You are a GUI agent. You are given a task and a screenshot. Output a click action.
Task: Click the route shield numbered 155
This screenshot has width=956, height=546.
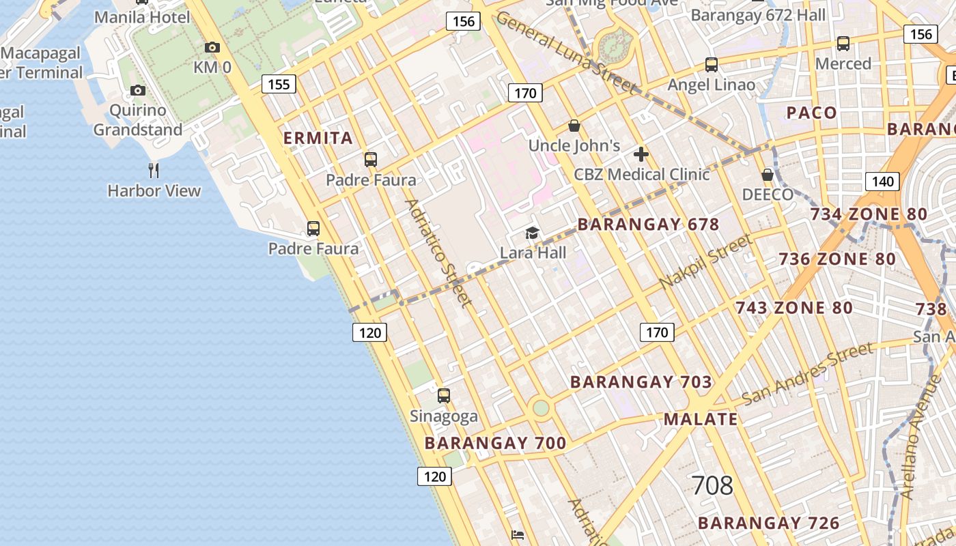click(279, 85)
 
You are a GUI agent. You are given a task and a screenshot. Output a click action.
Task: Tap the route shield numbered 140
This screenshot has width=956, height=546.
click(882, 182)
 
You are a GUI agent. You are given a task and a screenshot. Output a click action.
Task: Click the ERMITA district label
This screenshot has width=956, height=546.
click(318, 138)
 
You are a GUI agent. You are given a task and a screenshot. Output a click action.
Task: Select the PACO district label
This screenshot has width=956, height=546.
click(811, 113)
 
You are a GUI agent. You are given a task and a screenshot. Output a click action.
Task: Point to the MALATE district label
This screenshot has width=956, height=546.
click(701, 419)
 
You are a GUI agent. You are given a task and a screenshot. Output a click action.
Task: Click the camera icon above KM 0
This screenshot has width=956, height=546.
click(212, 48)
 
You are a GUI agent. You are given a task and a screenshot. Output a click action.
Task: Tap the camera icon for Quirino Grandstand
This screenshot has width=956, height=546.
click(138, 90)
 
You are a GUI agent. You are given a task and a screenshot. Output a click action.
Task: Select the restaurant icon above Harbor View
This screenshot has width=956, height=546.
click(154, 170)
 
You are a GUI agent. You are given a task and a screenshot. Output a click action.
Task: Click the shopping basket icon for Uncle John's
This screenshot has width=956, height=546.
click(574, 126)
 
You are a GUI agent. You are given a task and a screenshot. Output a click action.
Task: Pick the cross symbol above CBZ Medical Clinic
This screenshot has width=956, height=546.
click(641, 154)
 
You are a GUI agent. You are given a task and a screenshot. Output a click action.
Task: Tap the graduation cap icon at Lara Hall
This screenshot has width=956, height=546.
click(532, 233)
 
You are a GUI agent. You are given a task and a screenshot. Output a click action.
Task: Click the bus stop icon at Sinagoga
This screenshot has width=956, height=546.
click(444, 395)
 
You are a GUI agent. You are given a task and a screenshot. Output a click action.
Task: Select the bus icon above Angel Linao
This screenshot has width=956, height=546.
click(712, 65)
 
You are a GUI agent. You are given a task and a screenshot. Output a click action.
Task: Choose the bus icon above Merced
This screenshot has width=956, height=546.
click(843, 44)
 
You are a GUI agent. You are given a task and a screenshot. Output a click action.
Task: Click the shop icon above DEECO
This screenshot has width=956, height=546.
click(768, 175)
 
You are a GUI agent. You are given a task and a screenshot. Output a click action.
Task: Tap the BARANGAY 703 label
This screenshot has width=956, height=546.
click(641, 382)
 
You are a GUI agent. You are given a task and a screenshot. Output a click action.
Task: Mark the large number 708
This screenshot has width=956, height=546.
click(712, 486)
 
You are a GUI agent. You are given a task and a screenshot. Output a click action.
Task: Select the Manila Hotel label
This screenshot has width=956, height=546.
click(142, 17)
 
